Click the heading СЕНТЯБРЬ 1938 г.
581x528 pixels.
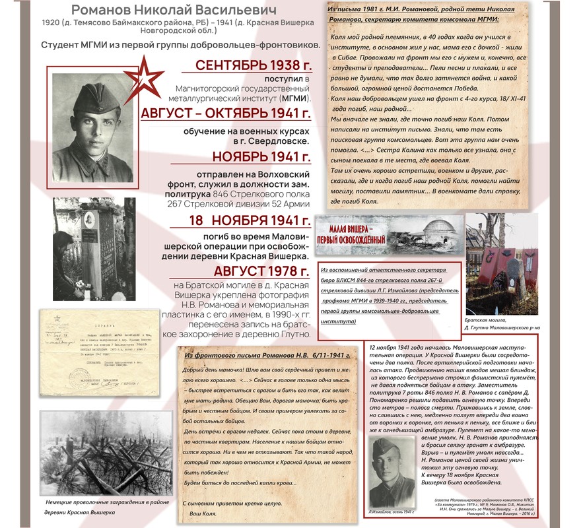click(254, 65)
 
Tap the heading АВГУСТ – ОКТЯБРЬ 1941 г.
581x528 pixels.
click(225, 114)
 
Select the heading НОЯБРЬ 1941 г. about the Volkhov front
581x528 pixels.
click(261, 157)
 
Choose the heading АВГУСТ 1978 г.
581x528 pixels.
click(261, 271)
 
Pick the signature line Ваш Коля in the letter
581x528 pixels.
click(203, 513)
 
